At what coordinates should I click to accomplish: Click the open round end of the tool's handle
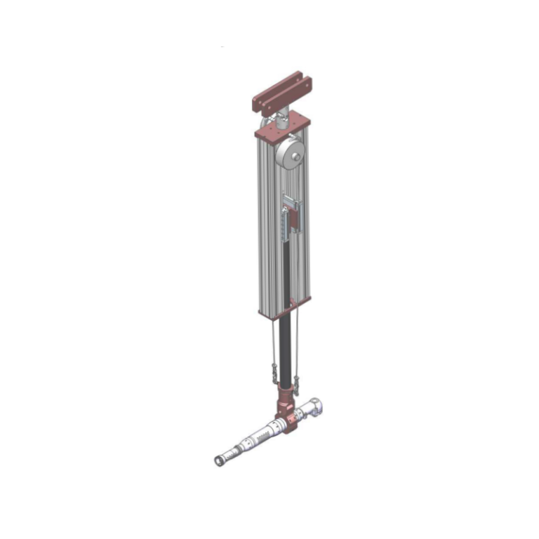(218, 461)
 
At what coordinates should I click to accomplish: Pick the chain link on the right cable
(297, 383)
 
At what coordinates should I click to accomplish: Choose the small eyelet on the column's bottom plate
(289, 303)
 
